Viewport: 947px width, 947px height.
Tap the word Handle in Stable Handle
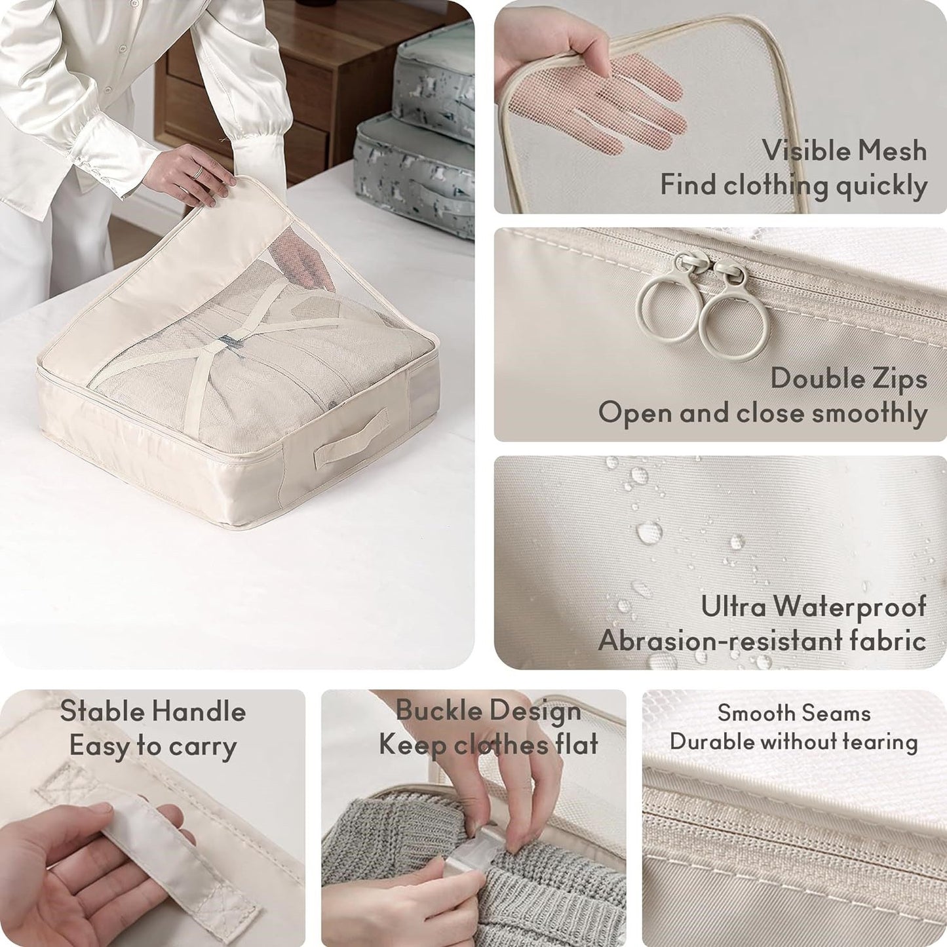tap(203, 712)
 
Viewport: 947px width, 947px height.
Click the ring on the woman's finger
tap(196, 172)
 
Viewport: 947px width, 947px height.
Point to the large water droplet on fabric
tap(649, 531)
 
